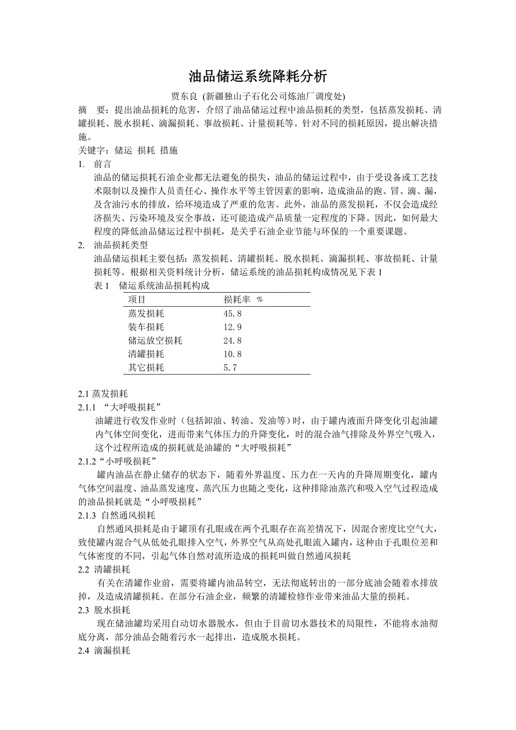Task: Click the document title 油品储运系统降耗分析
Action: pyautogui.click(x=258, y=76)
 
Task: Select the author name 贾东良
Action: pyautogui.click(x=186, y=95)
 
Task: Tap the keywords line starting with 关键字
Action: pyautogui.click(x=128, y=150)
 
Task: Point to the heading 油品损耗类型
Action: pyautogui.click(x=121, y=245)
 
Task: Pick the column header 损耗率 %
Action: pyautogui.click(x=243, y=299)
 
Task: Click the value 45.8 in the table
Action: pyautogui.click(x=232, y=313)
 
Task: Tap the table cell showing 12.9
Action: pyautogui.click(x=232, y=327)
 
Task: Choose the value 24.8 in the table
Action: pyautogui.click(x=232, y=340)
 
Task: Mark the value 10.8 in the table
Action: pyautogui.click(x=232, y=354)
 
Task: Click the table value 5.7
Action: pyautogui.click(x=230, y=367)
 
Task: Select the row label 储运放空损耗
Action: pyautogui.click(x=155, y=340)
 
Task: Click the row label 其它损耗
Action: pyautogui.click(x=146, y=367)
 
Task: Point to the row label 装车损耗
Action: pyautogui.click(x=146, y=327)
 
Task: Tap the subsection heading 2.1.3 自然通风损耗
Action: pyautogui.click(x=117, y=515)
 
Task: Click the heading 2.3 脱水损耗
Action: pyautogui.click(x=104, y=610)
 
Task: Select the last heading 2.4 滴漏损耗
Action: pyautogui.click(x=104, y=651)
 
